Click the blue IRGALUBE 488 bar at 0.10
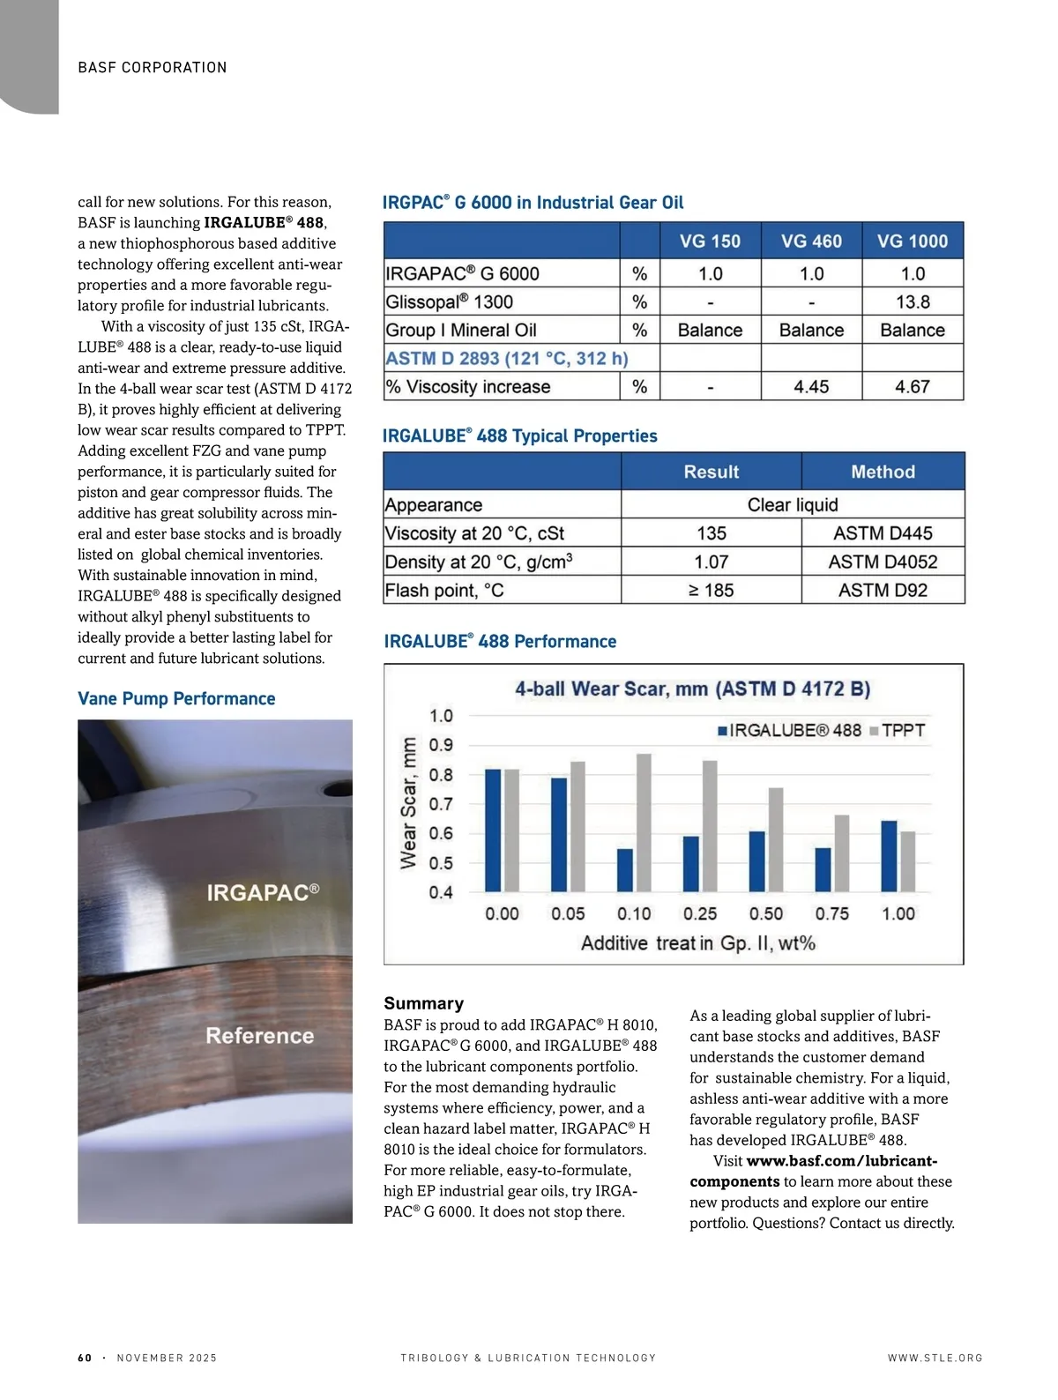(625, 870)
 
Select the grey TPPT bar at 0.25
(710, 826)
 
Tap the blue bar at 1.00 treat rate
(889, 856)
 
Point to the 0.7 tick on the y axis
(441, 804)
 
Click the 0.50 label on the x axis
(766, 914)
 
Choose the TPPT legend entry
(898, 731)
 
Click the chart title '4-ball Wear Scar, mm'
(692, 689)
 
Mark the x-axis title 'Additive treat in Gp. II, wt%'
(697, 943)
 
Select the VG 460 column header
(811, 242)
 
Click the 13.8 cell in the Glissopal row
(913, 302)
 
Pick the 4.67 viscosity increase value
(913, 387)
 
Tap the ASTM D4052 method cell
(883, 562)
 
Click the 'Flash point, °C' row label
(444, 591)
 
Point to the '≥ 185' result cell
(711, 591)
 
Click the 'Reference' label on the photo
(259, 1036)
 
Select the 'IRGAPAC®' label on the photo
(263, 893)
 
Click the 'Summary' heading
(423, 1003)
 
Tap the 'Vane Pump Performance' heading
(176, 699)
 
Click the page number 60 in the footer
(85, 1358)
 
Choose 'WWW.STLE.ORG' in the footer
(935, 1358)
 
